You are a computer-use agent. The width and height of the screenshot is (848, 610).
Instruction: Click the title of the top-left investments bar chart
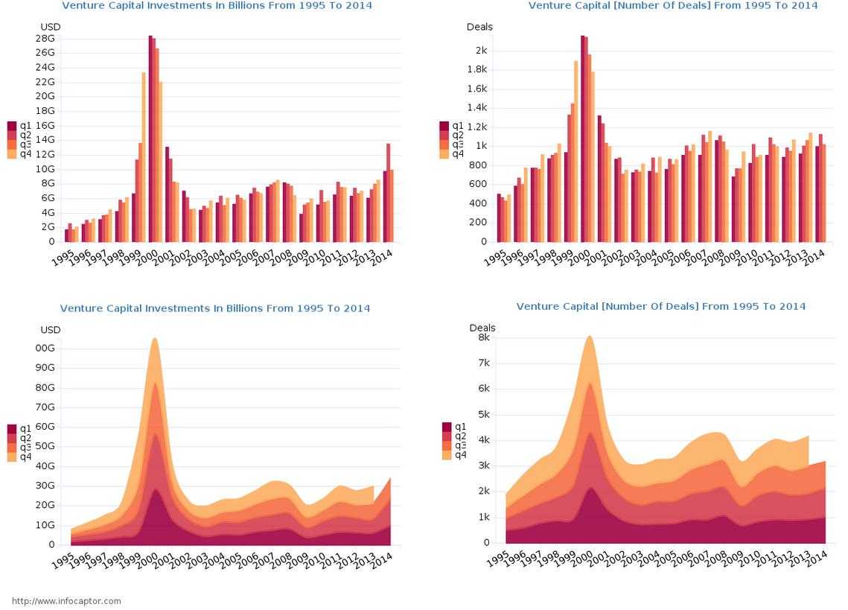coord(217,6)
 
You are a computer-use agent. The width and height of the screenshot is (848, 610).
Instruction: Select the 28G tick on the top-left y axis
coord(45,39)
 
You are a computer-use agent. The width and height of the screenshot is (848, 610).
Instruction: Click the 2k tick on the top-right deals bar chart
coord(481,51)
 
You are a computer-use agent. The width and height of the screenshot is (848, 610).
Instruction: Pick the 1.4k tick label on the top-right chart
coord(476,108)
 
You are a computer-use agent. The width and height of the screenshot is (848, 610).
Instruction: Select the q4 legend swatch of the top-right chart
coord(444,154)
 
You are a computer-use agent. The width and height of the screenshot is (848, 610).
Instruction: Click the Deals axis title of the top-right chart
coord(479,28)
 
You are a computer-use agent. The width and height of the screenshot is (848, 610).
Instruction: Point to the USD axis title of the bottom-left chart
coord(51,330)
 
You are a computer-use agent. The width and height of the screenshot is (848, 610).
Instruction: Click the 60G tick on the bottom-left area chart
coord(45,427)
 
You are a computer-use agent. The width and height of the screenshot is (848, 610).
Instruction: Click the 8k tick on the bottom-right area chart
coord(484,337)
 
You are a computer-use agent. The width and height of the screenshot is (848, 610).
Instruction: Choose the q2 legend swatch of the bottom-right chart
coord(447,436)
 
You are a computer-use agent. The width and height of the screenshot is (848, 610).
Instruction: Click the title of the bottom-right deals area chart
coord(660,307)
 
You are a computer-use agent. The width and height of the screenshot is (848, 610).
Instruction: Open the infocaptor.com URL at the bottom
coord(66,601)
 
